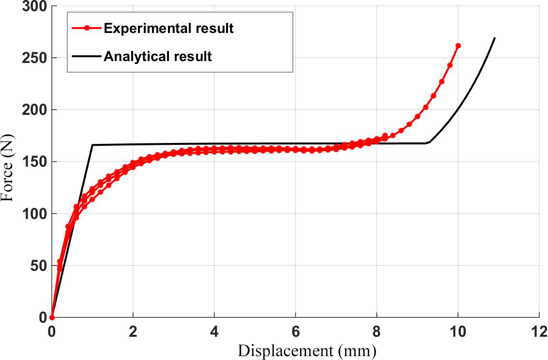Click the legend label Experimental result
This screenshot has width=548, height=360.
(168, 29)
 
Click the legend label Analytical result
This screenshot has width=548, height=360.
(158, 56)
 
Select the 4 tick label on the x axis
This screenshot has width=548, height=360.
(214, 333)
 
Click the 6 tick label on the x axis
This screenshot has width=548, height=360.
(296, 333)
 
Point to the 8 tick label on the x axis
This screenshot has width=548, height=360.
(377, 333)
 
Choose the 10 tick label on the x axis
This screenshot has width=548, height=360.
(458, 333)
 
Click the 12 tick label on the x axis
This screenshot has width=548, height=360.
(539, 333)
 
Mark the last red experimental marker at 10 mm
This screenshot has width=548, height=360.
(458, 46)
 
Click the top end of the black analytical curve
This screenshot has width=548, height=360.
(495, 38)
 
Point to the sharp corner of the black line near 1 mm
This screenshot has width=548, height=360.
(92, 145)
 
